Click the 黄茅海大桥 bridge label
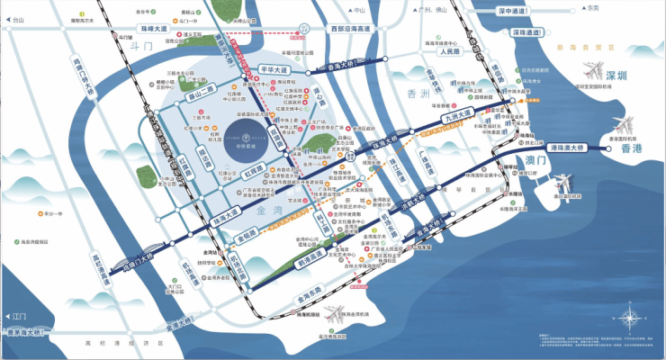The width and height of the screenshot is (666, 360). (26, 332)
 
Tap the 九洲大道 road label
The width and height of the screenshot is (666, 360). (457, 115)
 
